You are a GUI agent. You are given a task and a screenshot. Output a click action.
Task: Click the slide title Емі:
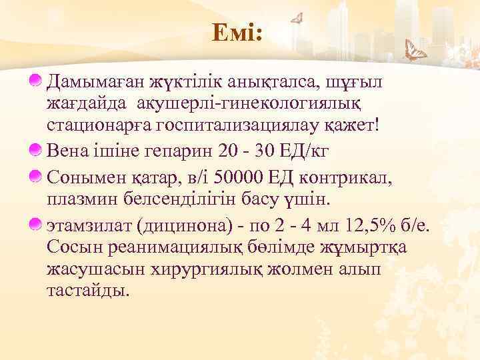[x=238, y=32]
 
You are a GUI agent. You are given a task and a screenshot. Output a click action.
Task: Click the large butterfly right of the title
[x=417, y=50]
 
